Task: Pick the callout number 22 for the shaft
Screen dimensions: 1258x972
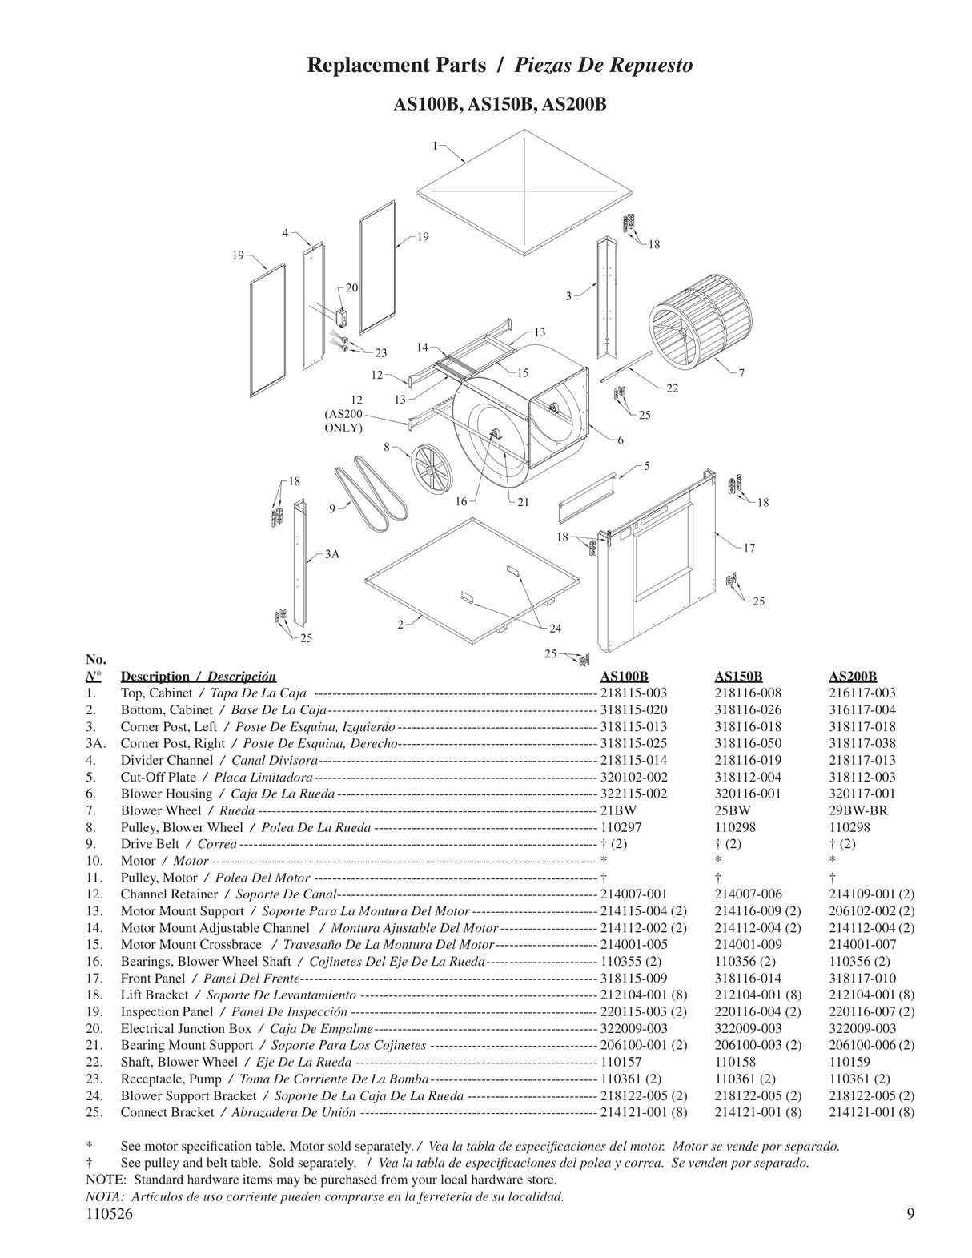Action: (x=672, y=388)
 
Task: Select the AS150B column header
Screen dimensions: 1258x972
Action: (x=738, y=676)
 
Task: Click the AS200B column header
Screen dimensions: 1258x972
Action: (x=853, y=676)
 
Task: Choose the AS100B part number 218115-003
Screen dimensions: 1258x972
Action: (x=633, y=693)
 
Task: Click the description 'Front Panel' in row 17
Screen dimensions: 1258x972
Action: (x=152, y=978)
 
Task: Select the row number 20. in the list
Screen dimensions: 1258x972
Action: (x=91, y=1028)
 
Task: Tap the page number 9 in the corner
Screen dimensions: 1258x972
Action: (x=910, y=1214)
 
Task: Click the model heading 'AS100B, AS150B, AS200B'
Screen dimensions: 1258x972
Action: (x=500, y=106)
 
